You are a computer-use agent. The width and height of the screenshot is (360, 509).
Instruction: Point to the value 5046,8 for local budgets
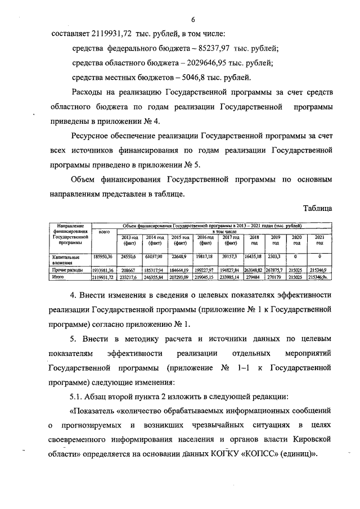tap(195, 78)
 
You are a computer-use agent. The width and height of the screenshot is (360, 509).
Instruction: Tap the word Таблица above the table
tap(317, 208)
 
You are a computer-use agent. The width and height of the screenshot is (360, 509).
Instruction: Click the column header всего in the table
tap(103, 232)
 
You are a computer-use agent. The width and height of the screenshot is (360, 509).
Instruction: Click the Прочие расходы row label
tap(62, 271)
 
